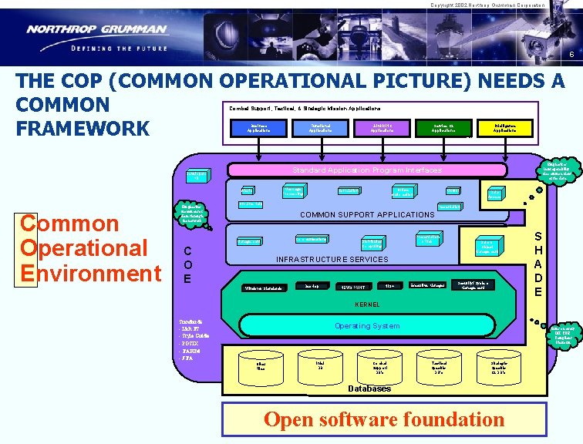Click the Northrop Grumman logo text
(x=97, y=30)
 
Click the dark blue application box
(x=259, y=128)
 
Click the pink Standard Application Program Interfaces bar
(x=366, y=170)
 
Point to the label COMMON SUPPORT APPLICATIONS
(x=366, y=214)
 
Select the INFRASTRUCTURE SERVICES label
(x=332, y=259)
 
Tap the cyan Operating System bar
(x=366, y=326)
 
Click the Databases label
(x=369, y=388)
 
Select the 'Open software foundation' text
(x=384, y=419)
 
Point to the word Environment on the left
(x=91, y=273)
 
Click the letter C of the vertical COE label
(x=187, y=251)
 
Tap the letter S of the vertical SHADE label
(x=539, y=238)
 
